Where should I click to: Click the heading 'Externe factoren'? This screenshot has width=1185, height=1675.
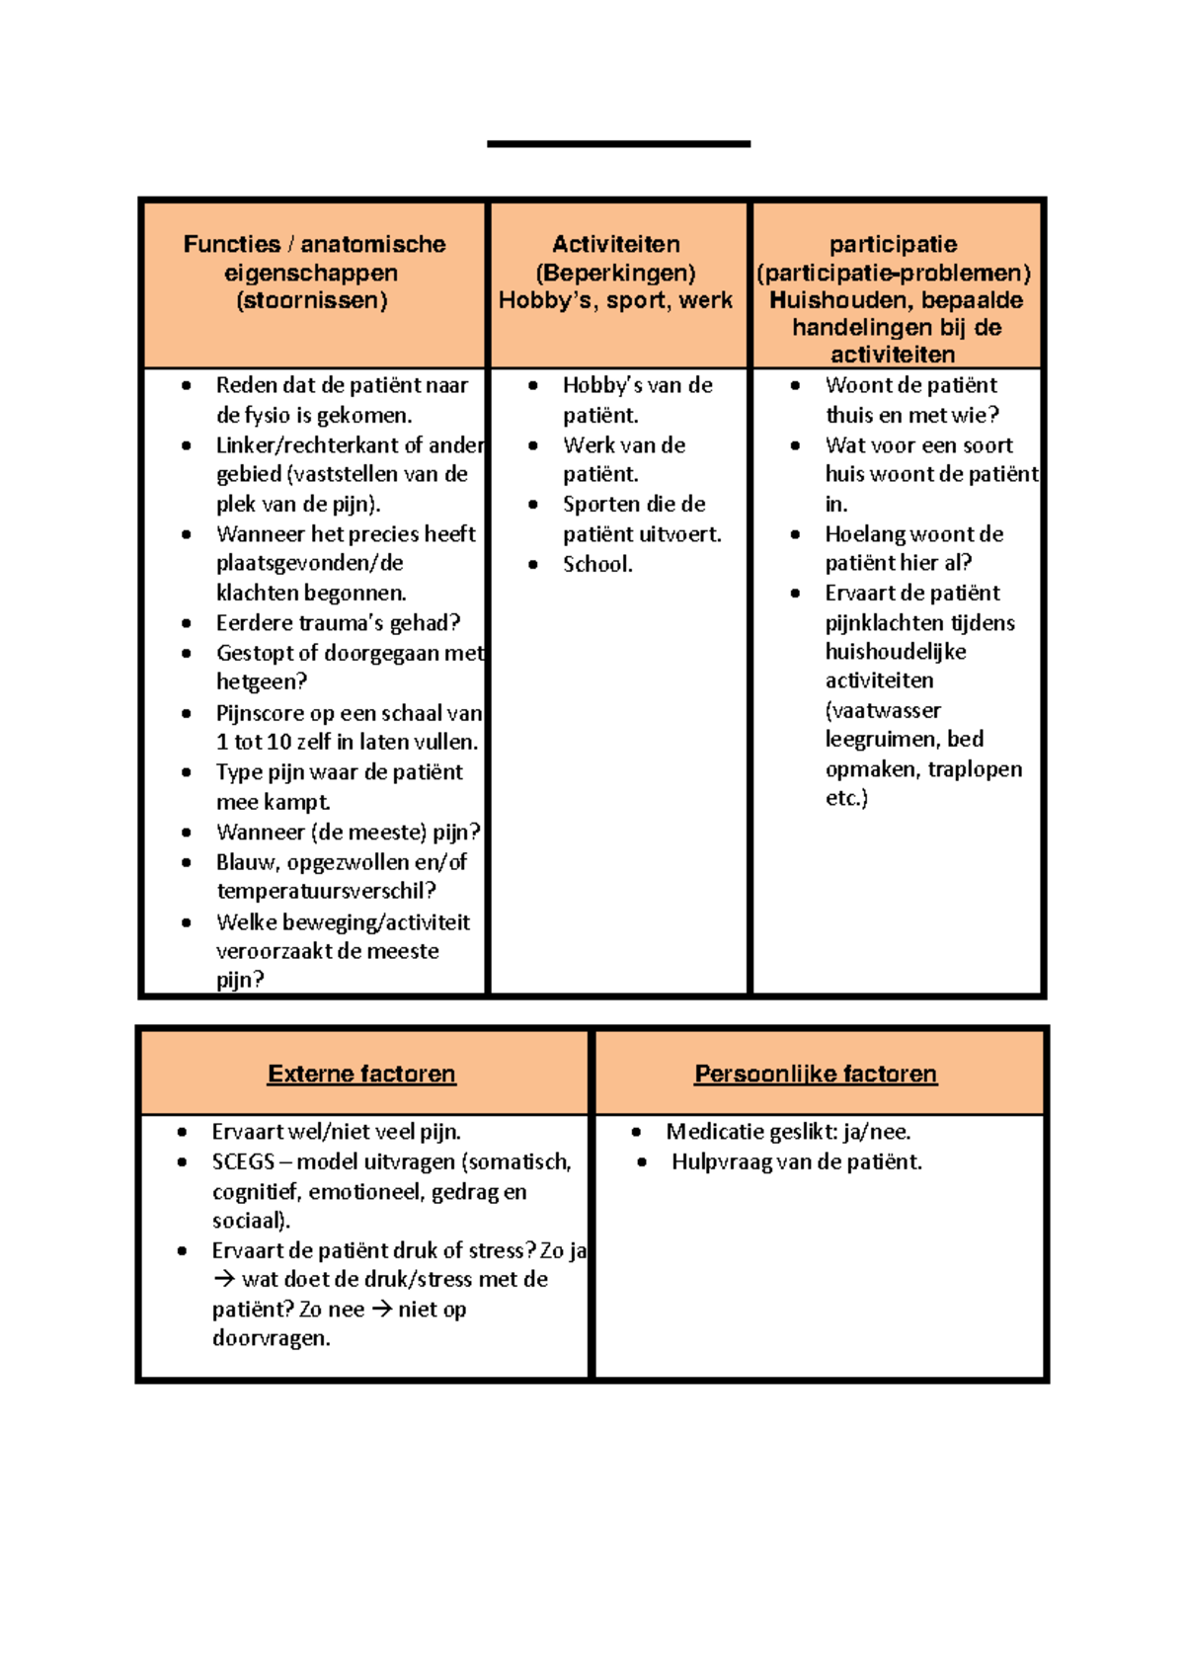[x=361, y=1074]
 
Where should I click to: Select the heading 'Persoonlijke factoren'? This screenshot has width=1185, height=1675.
[x=815, y=1074]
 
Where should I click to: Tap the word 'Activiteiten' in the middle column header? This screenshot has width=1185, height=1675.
[x=615, y=244]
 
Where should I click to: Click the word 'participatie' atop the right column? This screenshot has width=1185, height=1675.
[x=893, y=244]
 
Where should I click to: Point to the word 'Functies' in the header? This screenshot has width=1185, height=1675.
[x=232, y=244]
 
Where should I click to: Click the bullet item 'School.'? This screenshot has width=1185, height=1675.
[x=597, y=564]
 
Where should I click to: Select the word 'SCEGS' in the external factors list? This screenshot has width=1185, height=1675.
[x=243, y=1161]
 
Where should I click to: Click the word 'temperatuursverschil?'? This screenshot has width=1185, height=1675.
[x=326, y=891]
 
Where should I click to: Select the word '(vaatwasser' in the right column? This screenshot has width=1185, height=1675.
[x=883, y=710]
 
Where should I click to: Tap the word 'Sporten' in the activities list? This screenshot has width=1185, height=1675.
[x=595, y=504]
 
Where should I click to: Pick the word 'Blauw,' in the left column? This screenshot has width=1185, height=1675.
[x=248, y=862]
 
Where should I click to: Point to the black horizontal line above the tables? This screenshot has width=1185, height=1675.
[x=618, y=144]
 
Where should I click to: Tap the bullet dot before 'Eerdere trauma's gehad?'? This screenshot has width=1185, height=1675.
[x=186, y=623]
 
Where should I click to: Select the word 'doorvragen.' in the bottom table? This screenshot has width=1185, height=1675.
[x=271, y=1338]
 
